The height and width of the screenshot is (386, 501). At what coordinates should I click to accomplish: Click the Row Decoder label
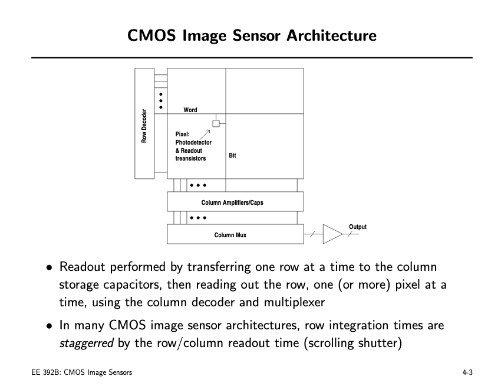[x=144, y=126]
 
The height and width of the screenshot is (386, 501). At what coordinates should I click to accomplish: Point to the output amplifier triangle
[x=332, y=234]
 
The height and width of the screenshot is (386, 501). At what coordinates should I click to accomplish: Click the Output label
[x=357, y=227]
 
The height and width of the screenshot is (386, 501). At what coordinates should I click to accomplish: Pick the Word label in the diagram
[x=190, y=110]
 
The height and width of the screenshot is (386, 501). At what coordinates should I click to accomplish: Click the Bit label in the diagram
[x=232, y=155]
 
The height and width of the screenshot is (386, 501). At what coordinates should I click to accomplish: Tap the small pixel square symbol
[x=216, y=123]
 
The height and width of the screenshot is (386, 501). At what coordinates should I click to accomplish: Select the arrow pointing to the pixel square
[x=206, y=132]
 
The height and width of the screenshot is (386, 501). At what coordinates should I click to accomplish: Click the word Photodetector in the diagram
[x=193, y=143]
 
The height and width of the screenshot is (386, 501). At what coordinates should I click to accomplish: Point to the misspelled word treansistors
[x=191, y=158]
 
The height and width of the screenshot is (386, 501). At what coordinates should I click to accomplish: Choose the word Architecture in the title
[x=331, y=35]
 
